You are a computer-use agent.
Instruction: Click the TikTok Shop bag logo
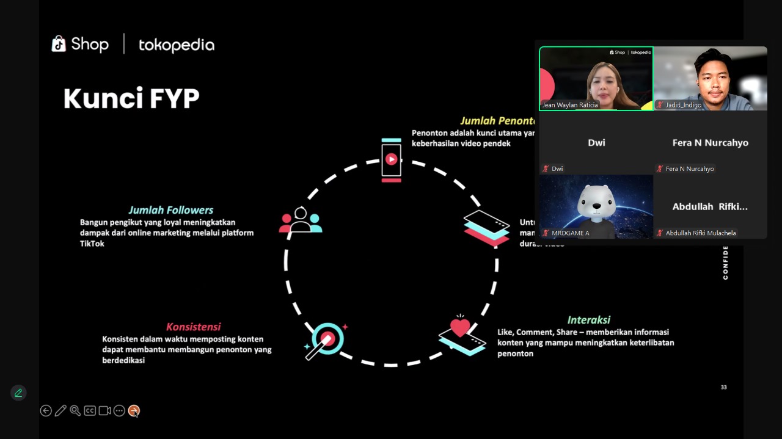click(59, 44)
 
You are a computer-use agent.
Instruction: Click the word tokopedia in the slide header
click(177, 45)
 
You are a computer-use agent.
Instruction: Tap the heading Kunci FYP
click(131, 98)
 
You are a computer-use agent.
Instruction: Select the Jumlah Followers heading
click(170, 210)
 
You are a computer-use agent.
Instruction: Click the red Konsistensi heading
click(193, 327)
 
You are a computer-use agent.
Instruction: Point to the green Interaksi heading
click(588, 320)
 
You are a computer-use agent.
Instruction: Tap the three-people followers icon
click(300, 221)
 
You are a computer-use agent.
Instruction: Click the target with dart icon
click(326, 339)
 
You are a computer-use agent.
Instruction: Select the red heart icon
click(460, 327)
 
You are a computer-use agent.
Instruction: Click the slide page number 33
click(723, 387)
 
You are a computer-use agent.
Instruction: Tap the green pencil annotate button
click(18, 393)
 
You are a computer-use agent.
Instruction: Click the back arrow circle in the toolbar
click(46, 411)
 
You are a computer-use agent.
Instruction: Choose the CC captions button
click(90, 411)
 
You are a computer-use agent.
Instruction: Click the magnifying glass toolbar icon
click(75, 411)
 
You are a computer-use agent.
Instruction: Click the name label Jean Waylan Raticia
click(570, 105)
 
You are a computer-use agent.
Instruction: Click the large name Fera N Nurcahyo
click(710, 143)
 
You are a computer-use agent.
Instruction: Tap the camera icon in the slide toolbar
click(104, 411)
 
